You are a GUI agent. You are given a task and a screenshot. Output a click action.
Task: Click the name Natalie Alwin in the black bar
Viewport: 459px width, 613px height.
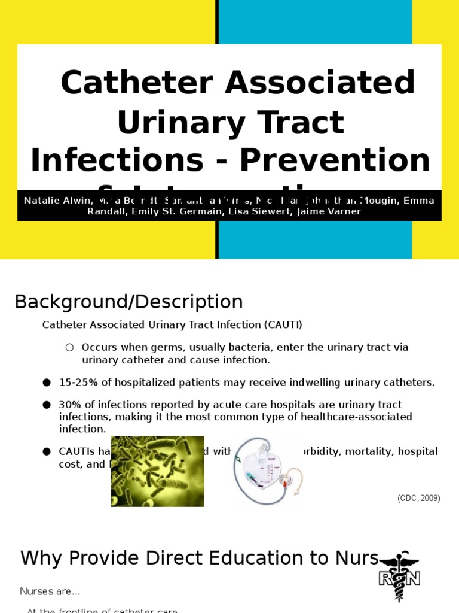coord(54,201)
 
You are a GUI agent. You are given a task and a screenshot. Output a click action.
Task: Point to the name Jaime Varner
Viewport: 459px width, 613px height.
coord(336,211)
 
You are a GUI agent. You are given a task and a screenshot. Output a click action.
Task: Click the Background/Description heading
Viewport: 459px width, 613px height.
coord(128,302)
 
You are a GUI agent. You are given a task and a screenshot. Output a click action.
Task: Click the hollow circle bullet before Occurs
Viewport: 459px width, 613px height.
coord(69,347)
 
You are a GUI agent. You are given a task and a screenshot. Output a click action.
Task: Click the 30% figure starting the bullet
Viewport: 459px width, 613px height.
coord(69,405)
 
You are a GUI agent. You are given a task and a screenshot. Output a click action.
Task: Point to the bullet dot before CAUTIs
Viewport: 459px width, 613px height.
coord(47,451)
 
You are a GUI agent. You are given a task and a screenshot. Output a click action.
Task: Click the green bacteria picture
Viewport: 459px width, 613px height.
coord(157,471)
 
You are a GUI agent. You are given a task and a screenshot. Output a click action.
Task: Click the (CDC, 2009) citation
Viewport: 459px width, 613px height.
coord(419,498)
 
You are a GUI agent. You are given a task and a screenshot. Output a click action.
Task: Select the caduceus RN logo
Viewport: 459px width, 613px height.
coord(399,577)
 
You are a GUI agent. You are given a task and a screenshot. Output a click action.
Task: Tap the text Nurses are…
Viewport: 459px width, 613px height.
coord(50,591)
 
